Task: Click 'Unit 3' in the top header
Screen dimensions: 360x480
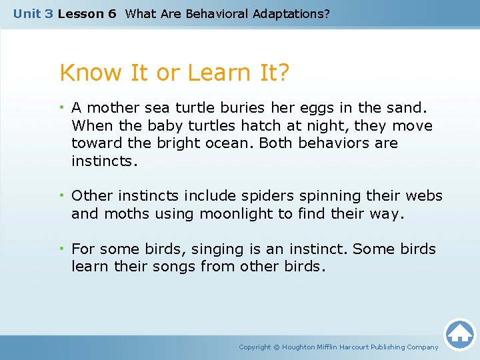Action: point(33,13)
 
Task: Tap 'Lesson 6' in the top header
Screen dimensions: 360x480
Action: point(87,13)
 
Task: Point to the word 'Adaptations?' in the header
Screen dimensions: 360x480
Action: point(291,13)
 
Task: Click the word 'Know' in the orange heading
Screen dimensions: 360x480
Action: point(89,73)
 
